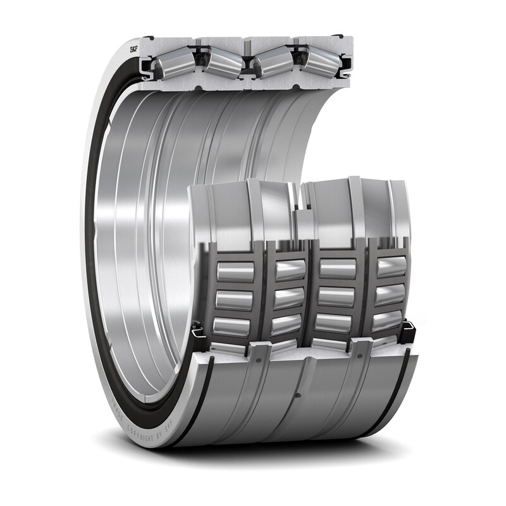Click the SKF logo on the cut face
coord(134,49)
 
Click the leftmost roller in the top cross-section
coord(175,63)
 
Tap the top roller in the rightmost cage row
coord(391,267)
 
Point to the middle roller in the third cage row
coord(337,296)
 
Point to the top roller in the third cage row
coord(337,269)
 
